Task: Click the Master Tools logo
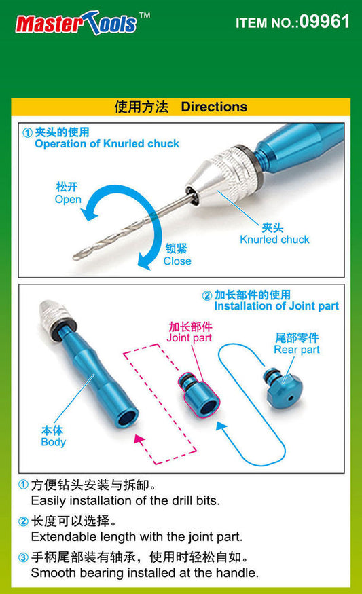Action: pos(76,24)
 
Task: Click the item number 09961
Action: pos(325,22)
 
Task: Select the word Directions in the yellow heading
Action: pos(214,107)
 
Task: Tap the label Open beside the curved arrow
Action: pos(68,200)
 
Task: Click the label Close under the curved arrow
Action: pos(177,261)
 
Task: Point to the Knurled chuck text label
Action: pos(274,240)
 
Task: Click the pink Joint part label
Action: pos(189,337)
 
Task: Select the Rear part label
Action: pos(297,350)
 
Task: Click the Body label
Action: pos(53,442)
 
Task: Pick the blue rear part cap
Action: pos(285,390)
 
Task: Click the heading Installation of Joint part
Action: pos(276,306)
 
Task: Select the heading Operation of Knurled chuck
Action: pos(107,143)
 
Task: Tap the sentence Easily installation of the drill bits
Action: pos(126,501)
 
